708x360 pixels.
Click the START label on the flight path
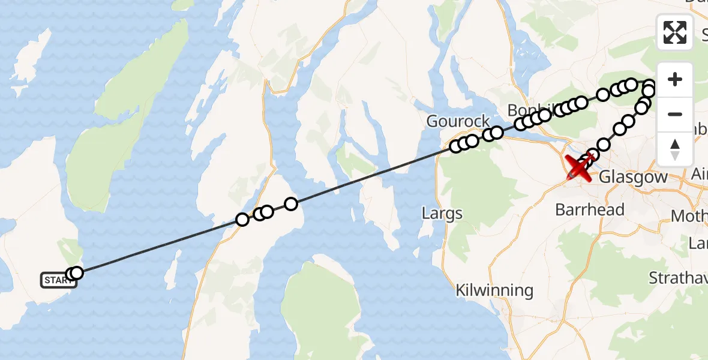pos(58,280)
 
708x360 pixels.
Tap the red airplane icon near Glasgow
pos(580,168)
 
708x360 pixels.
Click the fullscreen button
pos(675,32)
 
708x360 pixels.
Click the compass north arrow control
pos(675,149)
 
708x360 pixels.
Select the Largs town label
pos(442,213)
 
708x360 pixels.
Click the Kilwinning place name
pos(494,290)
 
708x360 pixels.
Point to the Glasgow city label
pos(634,177)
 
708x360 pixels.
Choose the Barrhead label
pos(590,210)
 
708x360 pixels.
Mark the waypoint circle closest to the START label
pos(76,273)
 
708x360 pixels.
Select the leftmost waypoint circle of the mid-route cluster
pos(242,220)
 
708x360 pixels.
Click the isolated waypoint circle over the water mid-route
pos(291,204)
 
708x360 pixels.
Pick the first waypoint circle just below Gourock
pos(456,146)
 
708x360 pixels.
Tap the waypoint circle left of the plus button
pos(650,85)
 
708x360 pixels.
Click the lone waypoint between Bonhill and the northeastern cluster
pos(604,95)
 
